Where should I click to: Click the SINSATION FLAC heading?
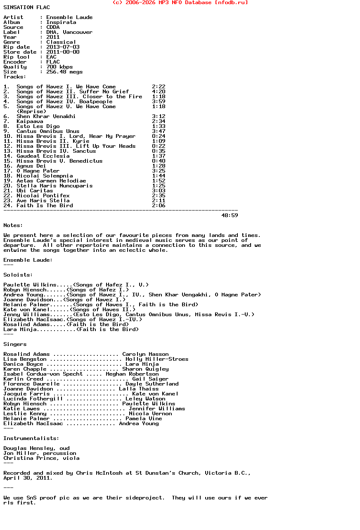26,7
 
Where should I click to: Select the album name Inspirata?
61,22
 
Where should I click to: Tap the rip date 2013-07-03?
63,47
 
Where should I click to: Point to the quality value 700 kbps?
59,67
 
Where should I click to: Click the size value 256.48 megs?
64,72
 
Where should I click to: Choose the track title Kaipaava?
30,121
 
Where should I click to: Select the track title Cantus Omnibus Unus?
48,131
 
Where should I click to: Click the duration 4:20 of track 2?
159,92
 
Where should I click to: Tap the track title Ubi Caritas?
35,191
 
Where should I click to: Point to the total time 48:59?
230,215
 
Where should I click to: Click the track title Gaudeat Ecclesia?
43,156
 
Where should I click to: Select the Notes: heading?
13,225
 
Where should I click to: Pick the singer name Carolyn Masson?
145,354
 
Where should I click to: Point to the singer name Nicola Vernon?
150,414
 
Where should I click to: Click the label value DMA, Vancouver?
69,32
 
